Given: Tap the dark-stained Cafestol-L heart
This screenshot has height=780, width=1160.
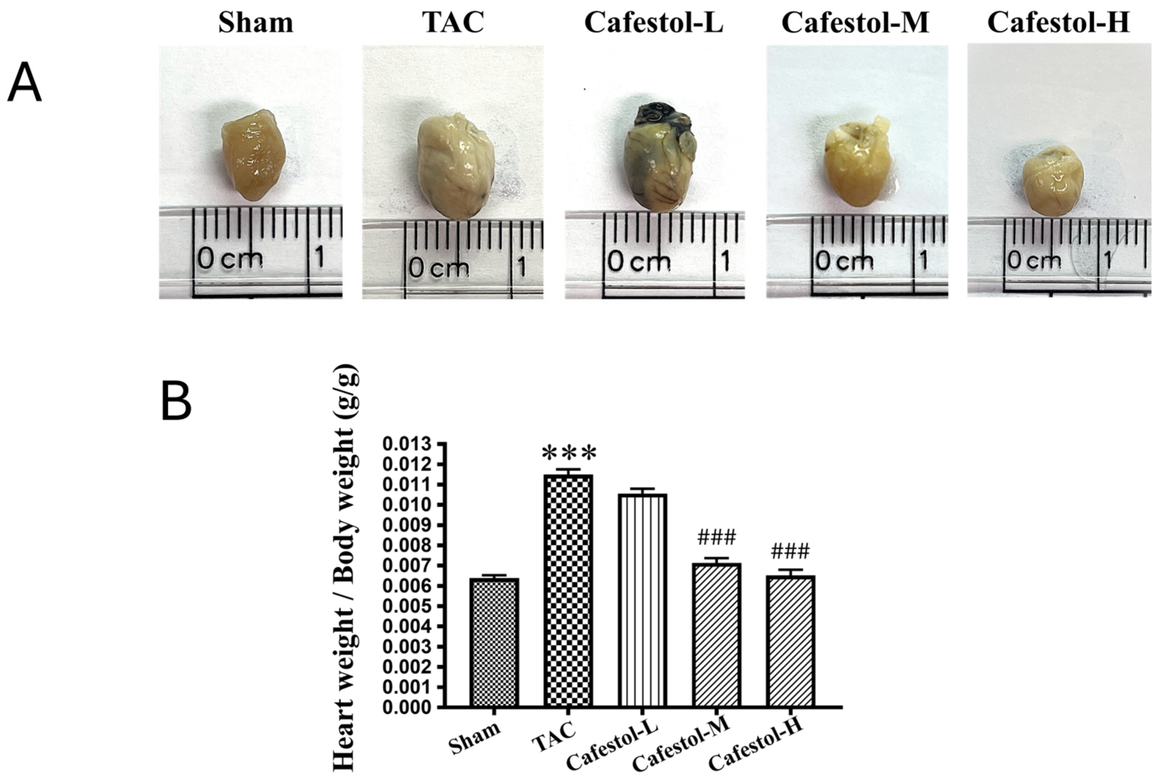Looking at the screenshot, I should click(x=660, y=159).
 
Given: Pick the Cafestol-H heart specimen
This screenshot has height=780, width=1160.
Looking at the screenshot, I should click(x=1053, y=180).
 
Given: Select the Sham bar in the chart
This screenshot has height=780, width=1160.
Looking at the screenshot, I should click(x=494, y=642).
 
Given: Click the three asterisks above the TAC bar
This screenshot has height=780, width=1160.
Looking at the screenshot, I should click(x=569, y=454).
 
